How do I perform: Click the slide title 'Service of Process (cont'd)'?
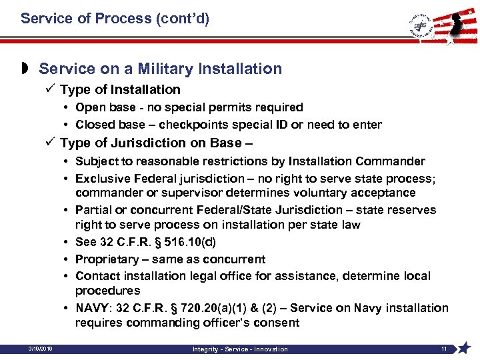coord(115,19)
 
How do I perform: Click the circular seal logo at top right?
coord(421,26)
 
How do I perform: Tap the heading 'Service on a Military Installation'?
coord(160,69)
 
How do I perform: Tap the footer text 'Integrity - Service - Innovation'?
coord(240,349)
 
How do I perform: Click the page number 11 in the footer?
coord(443,349)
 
